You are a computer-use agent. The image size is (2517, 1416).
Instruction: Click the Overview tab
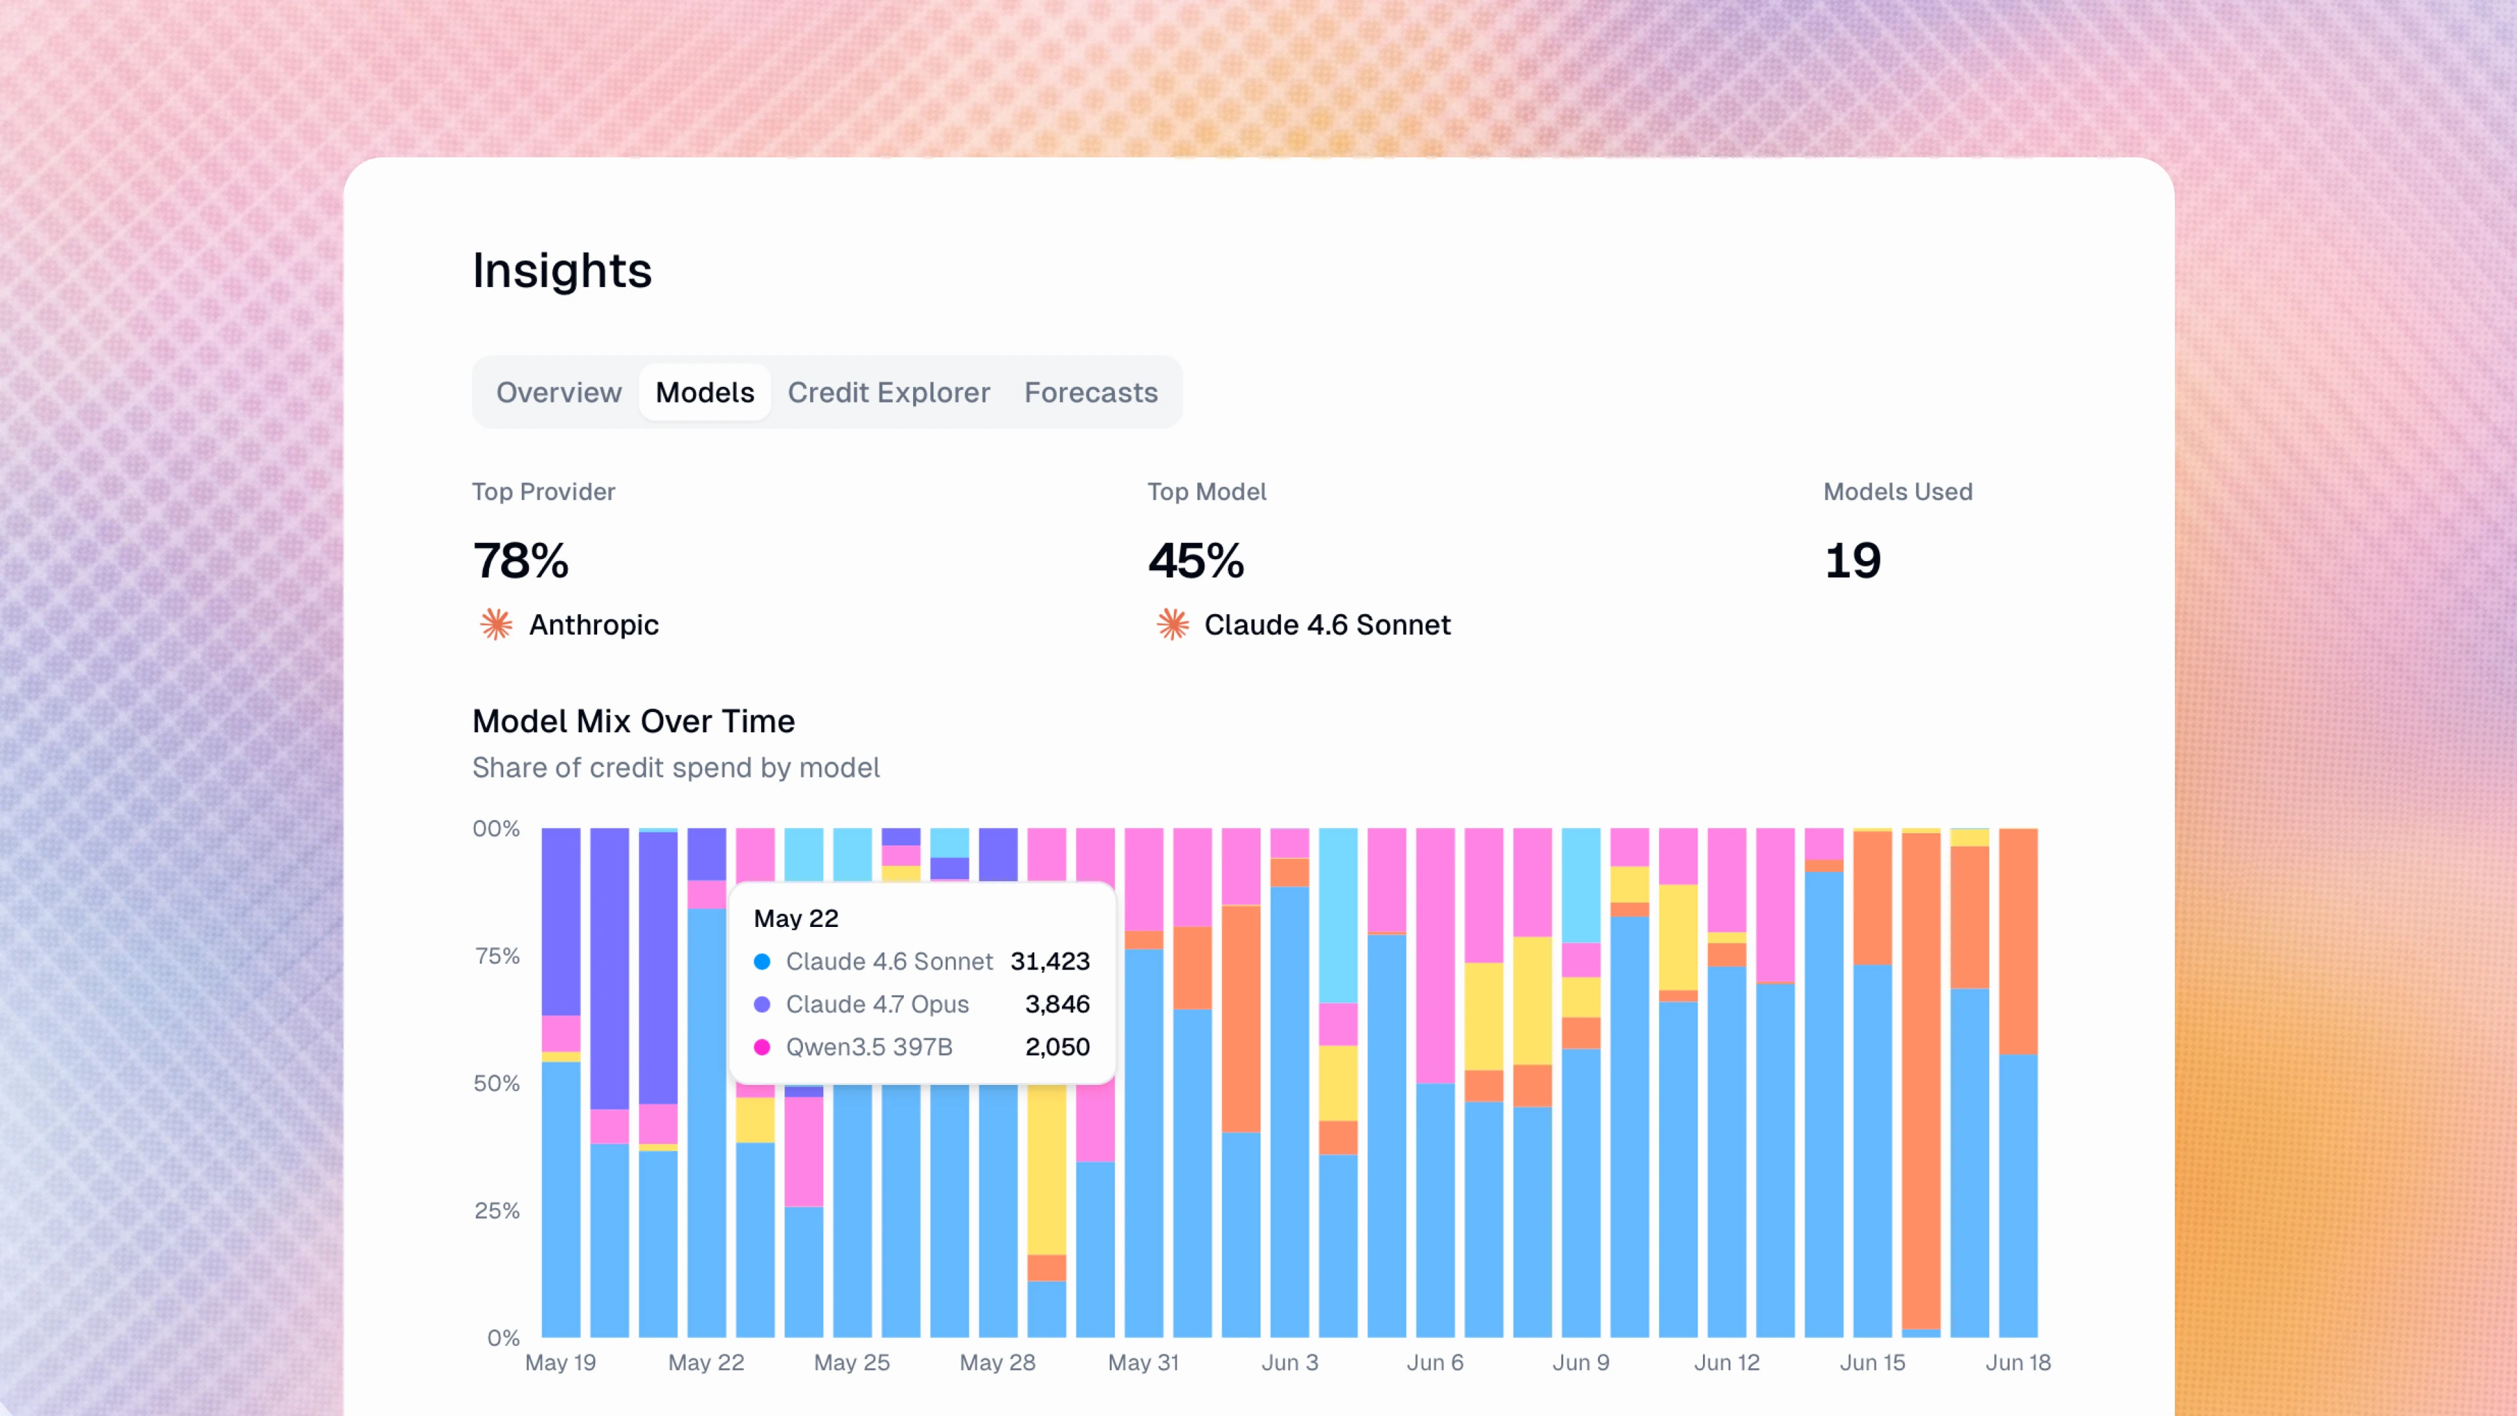559,392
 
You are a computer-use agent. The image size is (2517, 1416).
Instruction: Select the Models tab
705,392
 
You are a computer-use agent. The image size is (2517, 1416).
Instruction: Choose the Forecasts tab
1091,392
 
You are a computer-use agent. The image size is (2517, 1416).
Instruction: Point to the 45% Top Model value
1196,561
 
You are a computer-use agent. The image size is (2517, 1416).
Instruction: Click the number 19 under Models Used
1852,561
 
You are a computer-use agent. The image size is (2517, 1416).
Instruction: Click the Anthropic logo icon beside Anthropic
496,625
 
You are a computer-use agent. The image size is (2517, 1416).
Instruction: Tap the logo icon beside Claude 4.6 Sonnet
1173,625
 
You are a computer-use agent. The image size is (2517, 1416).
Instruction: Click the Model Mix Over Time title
633,721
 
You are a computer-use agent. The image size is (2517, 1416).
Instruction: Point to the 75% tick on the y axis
498,956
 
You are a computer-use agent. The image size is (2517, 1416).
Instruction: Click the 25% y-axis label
498,1211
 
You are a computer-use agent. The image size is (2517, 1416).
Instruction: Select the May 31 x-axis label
1143,1362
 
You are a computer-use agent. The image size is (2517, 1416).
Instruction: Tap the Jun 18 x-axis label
2018,1362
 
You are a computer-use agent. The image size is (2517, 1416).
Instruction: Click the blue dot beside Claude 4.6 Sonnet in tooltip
762,962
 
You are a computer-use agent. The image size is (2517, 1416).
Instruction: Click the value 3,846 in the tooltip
1057,1004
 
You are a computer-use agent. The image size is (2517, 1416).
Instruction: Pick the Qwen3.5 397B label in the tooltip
868,1047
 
